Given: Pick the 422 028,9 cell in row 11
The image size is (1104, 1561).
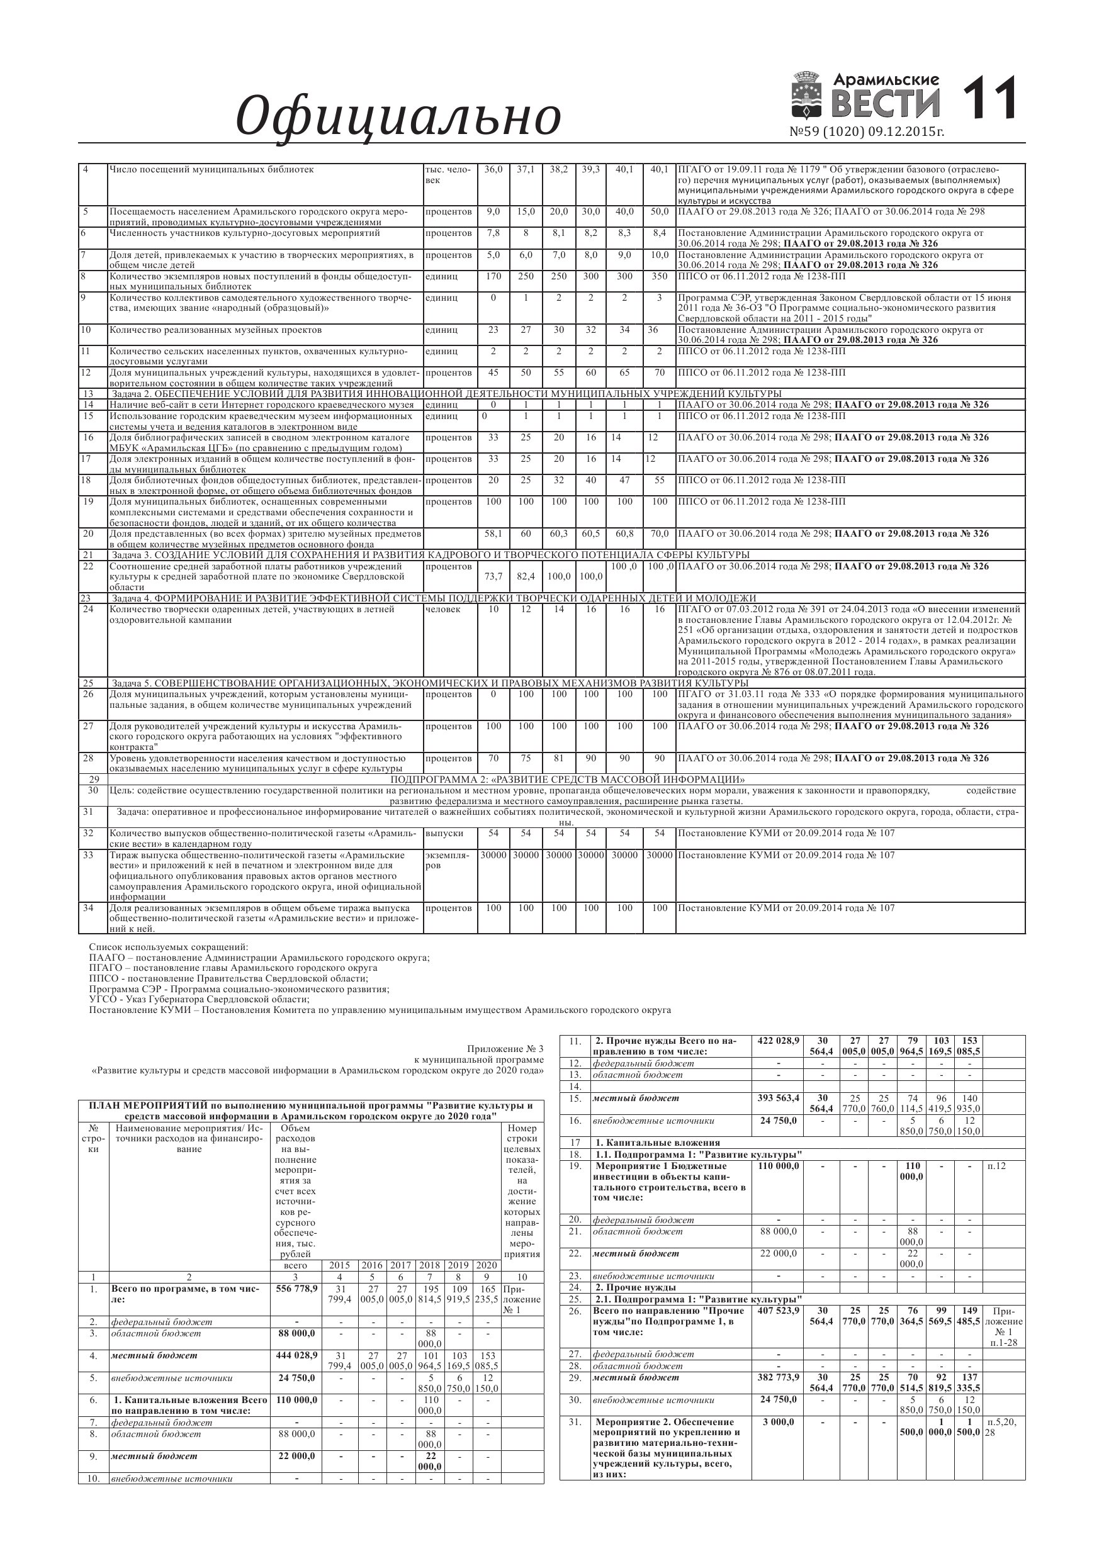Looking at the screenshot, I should coord(778,1041).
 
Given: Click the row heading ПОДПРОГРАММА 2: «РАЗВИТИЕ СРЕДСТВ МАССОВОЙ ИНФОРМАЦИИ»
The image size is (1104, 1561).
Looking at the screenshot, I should coord(567,779).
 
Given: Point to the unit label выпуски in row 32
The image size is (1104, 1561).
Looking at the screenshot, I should coord(444,833).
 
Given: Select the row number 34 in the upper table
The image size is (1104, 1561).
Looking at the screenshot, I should coord(87,908).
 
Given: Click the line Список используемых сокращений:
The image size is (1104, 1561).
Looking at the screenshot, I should coord(169,947).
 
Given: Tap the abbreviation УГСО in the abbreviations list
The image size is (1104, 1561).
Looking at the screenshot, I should coord(103,999).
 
